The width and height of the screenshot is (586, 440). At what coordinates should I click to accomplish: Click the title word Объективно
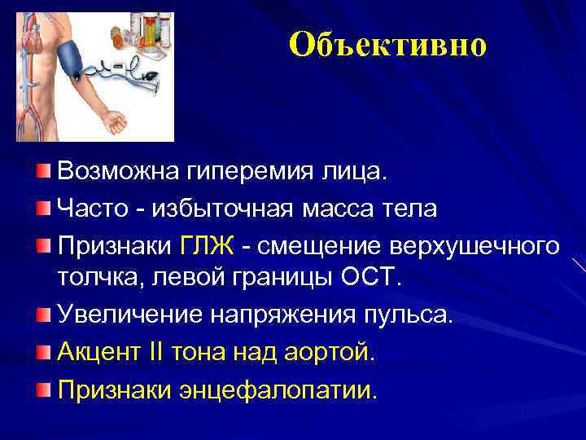[x=387, y=46]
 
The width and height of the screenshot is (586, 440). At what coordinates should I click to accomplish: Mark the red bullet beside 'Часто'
[x=42, y=209]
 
